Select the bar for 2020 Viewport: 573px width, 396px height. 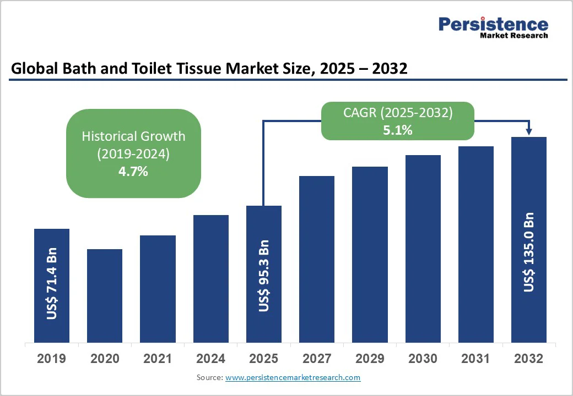(105, 296)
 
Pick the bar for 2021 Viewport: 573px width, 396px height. (158, 289)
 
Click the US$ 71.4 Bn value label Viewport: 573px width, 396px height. (52, 283)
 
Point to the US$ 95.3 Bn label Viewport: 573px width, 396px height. (264, 276)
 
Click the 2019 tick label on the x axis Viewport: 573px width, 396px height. (51, 359)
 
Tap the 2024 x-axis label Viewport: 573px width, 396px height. (210, 359)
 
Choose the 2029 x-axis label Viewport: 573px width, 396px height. (370, 359)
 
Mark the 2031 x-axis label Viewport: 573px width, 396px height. (475, 359)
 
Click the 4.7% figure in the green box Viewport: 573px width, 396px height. (133, 172)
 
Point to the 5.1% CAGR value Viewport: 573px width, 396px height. (398, 130)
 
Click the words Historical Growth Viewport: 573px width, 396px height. (133, 136)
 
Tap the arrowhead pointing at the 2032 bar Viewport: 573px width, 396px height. (529, 131)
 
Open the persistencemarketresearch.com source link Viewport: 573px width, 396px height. (293, 377)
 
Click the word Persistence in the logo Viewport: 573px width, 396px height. (493, 25)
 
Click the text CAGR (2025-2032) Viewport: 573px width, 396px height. (398, 113)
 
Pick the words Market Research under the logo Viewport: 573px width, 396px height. (513, 36)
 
